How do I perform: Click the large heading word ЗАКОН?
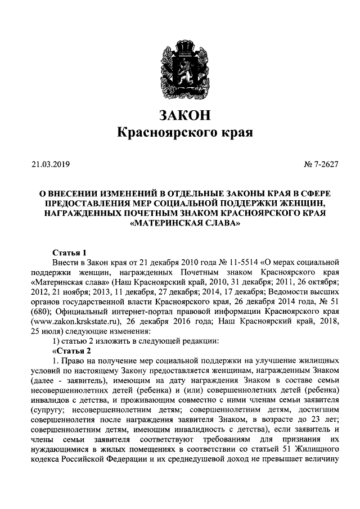tap(184, 115)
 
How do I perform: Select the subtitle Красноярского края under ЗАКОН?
tap(184, 133)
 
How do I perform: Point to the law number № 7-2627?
tap(321, 165)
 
